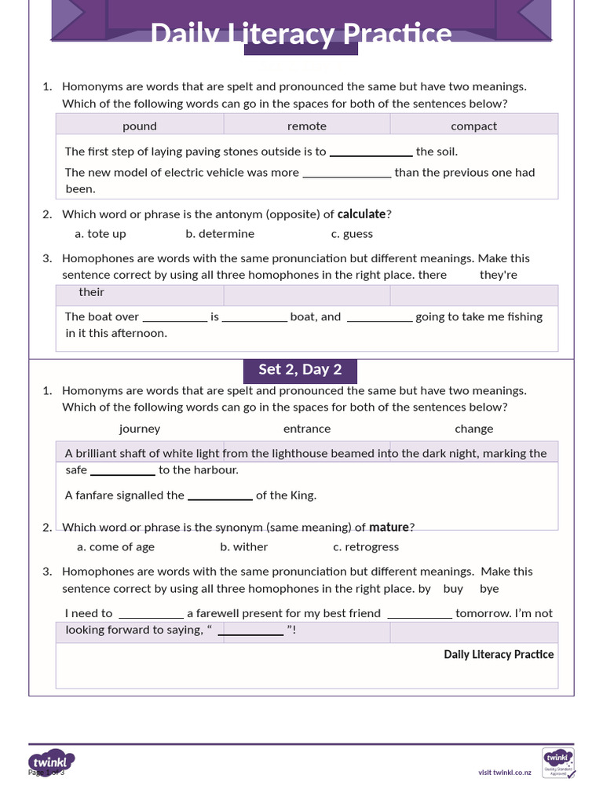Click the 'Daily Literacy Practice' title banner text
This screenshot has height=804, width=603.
[301, 34]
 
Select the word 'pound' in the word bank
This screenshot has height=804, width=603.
[140, 126]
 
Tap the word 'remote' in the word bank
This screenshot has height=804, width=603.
[306, 126]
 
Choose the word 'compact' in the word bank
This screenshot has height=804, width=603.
[473, 126]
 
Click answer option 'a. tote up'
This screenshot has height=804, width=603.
[100, 233]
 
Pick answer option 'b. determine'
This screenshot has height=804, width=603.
[220, 233]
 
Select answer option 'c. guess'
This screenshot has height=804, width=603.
[352, 233]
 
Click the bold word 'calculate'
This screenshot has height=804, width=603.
[361, 214]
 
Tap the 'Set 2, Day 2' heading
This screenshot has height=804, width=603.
[300, 370]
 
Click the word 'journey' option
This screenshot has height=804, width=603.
[140, 429]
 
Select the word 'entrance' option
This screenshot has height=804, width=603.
[306, 429]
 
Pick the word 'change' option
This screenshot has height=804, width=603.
[473, 429]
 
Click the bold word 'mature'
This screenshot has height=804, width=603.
[389, 527]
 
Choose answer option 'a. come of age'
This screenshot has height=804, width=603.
[115, 546]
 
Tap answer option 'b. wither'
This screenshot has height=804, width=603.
[243, 546]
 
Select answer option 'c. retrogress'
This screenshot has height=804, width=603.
[366, 546]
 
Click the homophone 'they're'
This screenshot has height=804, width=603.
[499, 275]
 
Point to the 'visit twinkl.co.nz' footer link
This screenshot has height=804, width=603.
[505, 773]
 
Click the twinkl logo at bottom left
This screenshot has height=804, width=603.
[52, 762]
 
